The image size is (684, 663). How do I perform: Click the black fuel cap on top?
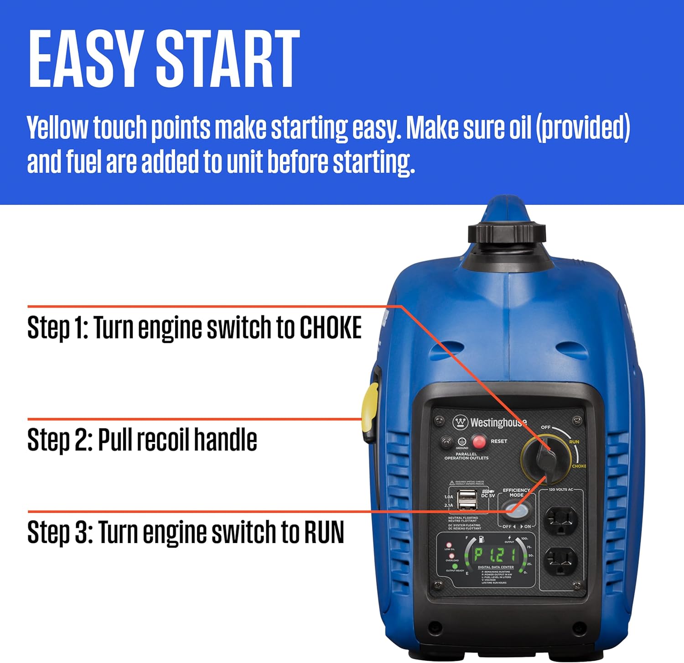tap(507, 233)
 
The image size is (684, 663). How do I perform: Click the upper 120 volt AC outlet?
tap(560, 520)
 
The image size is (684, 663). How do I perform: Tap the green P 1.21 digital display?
tap(495, 555)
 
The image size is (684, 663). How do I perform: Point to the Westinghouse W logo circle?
tap(460, 422)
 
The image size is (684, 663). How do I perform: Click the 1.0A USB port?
tap(466, 495)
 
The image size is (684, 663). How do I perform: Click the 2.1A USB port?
tap(466, 504)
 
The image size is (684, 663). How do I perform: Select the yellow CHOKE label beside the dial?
tap(579, 466)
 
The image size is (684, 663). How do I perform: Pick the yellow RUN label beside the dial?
tap(574, 442)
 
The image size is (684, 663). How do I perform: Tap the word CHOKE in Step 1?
tap(330, 328)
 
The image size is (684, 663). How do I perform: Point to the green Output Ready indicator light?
tap(455, 566)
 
